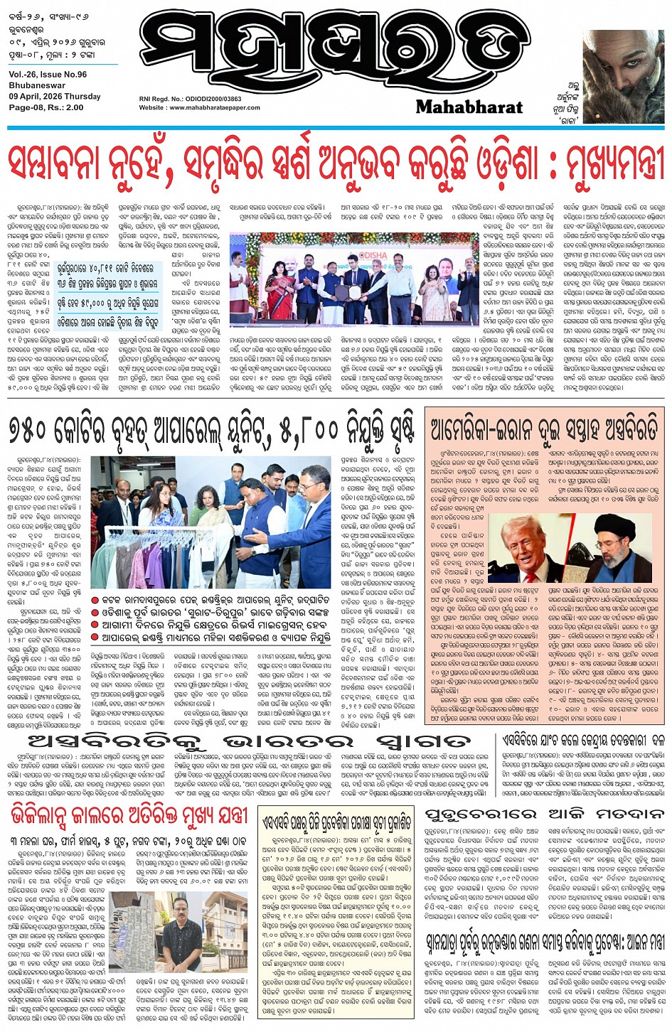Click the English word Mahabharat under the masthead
(469, 107)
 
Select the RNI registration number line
(190, 99)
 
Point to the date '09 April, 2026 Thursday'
(55, 97)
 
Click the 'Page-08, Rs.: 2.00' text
(46, 108)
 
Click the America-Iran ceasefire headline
(544, 429)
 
